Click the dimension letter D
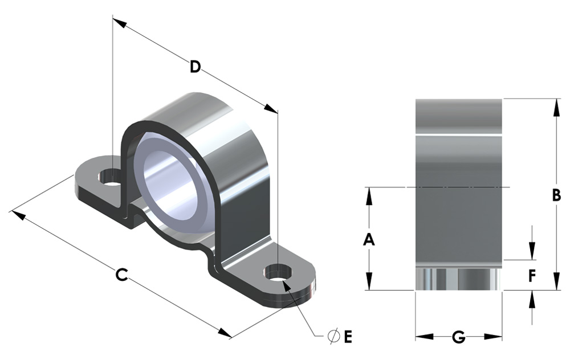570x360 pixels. click(x=195, y=67)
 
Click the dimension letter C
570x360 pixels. click(x=121, y=275)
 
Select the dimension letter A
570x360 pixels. click(x=369, y=240)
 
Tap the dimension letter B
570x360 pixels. click(x=556, y=195)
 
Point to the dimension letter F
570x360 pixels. click(x=532, y=276)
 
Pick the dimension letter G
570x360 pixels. click(x=459, y=337)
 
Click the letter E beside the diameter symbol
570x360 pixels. click(x=348, y=337)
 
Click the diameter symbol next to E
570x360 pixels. click(x=333, y=337)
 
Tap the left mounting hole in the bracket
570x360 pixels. click(x=108, y=177)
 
